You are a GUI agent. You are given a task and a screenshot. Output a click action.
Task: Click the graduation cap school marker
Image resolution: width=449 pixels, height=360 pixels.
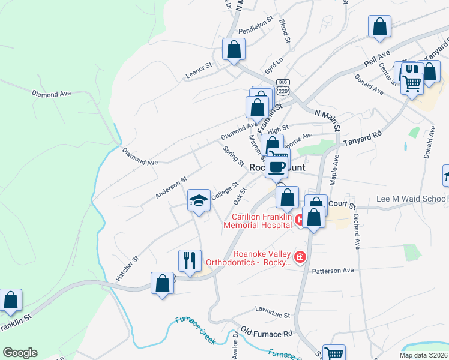(x=199, y=200)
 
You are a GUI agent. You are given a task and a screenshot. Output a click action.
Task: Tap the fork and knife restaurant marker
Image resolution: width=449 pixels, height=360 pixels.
(x=190, y=261)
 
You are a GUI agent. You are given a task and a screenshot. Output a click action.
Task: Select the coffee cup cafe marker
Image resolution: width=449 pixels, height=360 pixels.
(x=277, y=167)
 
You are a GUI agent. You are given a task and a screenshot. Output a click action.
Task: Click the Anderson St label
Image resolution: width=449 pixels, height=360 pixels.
(x=171, y=187)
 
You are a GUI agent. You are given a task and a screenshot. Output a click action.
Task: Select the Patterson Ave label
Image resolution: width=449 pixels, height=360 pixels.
(x=333, y=271)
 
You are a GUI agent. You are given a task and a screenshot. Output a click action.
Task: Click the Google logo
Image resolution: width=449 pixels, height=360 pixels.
(x=20, y=353)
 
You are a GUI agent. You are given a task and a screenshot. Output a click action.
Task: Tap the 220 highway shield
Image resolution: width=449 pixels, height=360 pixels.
(x=283, y=90)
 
